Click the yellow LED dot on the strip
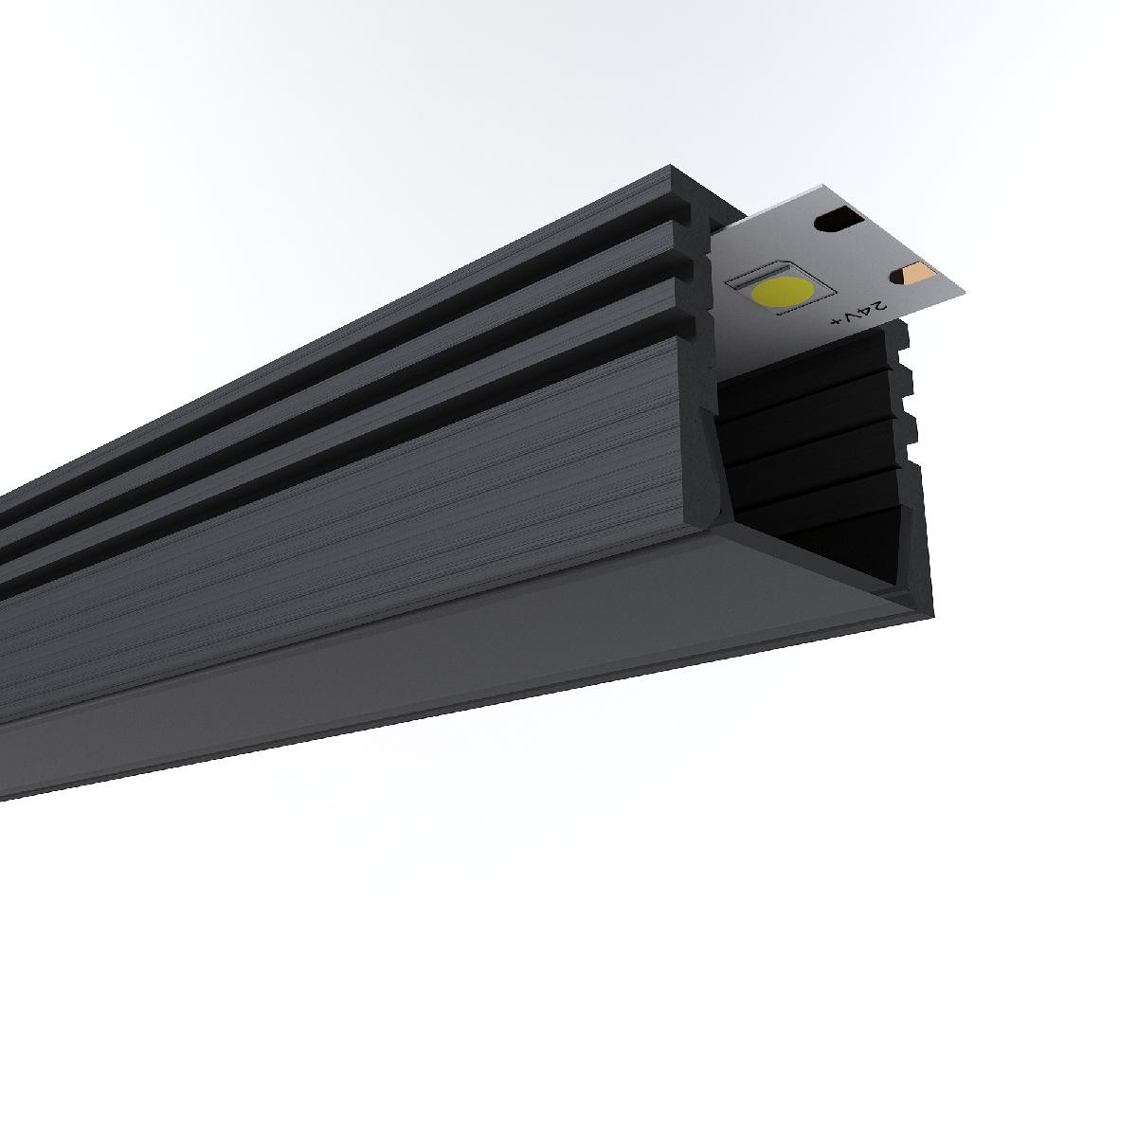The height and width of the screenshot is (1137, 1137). point(783,291)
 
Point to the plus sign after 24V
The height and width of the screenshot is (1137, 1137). point(836,321)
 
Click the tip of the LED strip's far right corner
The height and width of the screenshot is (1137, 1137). point(965,292)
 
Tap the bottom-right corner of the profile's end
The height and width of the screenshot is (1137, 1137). point(934,616)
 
